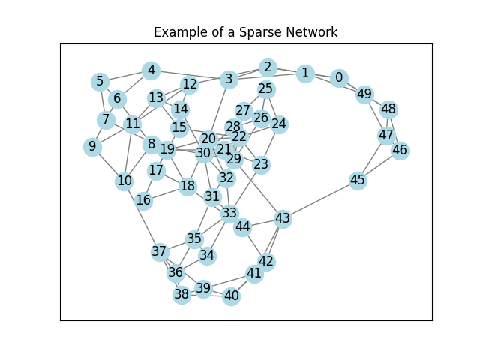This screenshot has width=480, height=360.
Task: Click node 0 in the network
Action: click(x=339, y=78)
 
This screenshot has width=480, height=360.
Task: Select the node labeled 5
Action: click(x=100, y=81)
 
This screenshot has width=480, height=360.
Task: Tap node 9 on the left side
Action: click(x=92, y=146)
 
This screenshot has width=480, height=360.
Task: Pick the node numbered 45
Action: click(x=358, y=181)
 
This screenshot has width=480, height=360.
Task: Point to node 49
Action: click(x=364, y=94)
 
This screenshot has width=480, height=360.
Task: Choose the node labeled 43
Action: click(x=283, y=219)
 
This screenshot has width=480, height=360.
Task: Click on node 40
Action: click(x=231, y=295)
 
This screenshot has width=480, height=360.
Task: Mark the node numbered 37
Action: click(x=159, y=251)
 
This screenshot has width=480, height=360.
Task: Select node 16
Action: click(x=143, y=200)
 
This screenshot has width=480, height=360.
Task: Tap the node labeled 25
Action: click(x=265, y=89)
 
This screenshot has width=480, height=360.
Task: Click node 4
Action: click(x=151, y=70)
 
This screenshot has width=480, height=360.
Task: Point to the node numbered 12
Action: click(x=190, y=85)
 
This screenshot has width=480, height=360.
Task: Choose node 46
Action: click(x=400, y=150)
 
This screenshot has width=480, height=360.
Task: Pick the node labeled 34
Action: click(x=207, y=255)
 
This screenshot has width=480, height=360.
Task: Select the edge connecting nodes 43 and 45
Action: click(x=320, y=200)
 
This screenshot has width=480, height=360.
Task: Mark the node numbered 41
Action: click(x=254, y=273)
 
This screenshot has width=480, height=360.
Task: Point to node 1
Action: click(x=304, y=73)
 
